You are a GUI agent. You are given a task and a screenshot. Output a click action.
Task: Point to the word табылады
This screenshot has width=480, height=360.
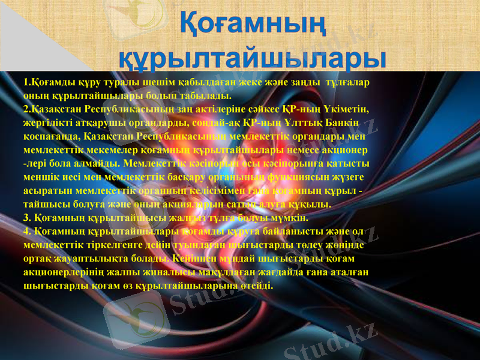[202, 95]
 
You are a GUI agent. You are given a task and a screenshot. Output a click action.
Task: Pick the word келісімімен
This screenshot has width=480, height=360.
[234, 191]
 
